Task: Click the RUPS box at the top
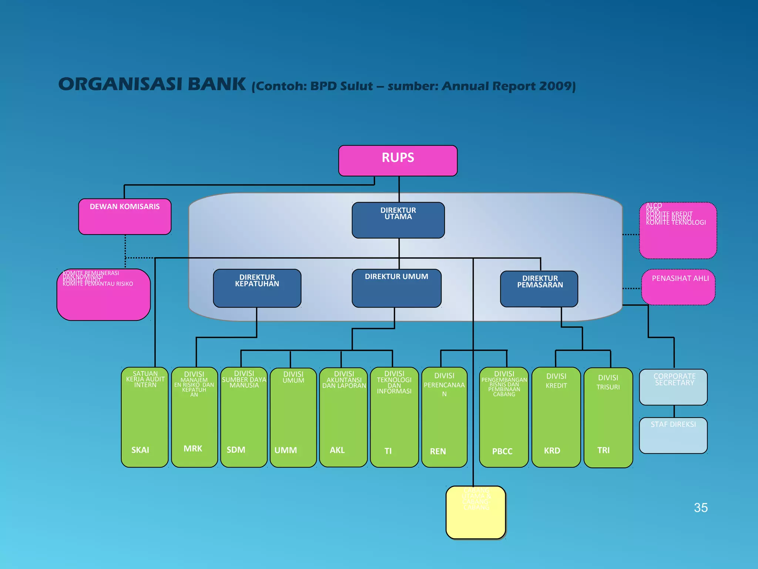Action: [398, 160]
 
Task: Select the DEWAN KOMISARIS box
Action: [125, 216]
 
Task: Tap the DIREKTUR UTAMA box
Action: [398, 220]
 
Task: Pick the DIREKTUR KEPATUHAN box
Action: [257, 288]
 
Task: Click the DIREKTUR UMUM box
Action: [396, 288]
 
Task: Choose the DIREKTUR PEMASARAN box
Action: [539, 289]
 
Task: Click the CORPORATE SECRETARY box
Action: [673, 387]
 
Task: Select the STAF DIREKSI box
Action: [673, 435]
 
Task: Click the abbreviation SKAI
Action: [140, 450]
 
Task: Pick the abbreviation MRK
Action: [193, 449]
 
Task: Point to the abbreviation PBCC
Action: [502, 451]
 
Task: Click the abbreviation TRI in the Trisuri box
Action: [603, 450]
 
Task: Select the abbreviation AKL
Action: [337, 450]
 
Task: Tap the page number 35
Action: [701, 508]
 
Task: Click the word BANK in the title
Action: [217, 84]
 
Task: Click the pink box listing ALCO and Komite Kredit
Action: [678, 230]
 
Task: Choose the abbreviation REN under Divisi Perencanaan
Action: [438, 451]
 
